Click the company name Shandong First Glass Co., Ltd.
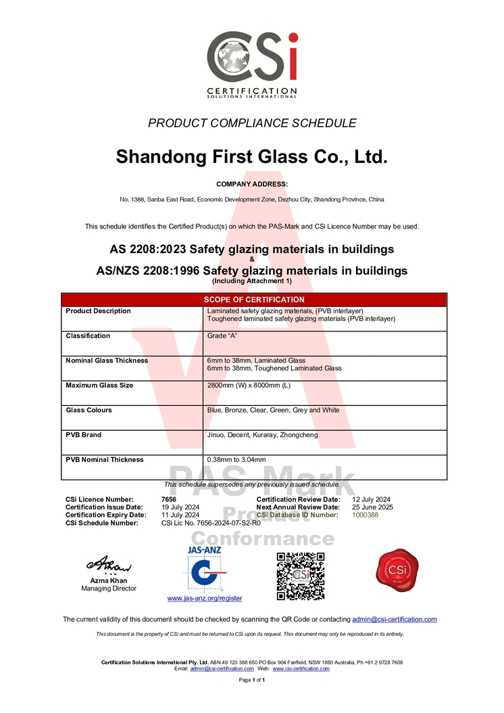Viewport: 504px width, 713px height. tap(251, 157)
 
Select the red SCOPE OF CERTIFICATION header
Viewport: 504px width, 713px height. tap(254, 300)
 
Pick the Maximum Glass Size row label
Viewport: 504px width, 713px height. tap(99, 386)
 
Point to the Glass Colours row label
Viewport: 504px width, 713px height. tap(89, 410)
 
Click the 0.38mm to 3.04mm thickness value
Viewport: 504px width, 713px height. tap(236, 460)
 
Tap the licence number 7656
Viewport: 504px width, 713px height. tap(159, 499)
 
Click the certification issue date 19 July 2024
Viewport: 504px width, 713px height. tap(180, 507)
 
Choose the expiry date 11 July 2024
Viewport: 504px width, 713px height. tap(180, 515)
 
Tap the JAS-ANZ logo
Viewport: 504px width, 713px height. tap(204, 568)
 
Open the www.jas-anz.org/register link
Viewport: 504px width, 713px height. tap(205, 598)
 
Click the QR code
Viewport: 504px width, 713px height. tap(301, 576)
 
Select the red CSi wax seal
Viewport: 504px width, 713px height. tap(395, 568)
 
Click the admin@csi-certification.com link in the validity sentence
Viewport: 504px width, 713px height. tap(395, 619)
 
